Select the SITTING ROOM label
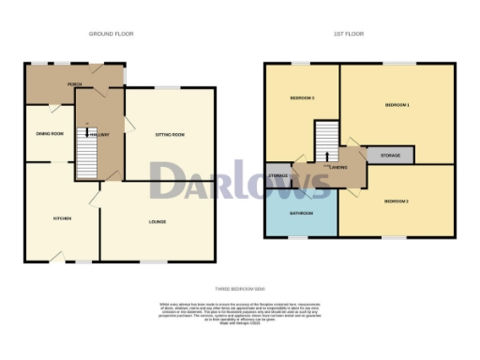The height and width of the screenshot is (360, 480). [x=170, y=135]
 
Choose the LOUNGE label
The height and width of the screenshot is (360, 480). [x=157, y=221]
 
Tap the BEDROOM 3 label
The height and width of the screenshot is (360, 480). [x=301, y=98]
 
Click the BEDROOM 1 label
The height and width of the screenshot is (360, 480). [x=397, y=106]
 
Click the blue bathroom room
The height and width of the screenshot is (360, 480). [x=300, y=217]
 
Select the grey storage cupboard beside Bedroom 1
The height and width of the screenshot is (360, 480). [x=390, y=155]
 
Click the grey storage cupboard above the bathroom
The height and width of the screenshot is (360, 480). [x=278, y=176]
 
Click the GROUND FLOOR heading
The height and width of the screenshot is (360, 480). [x=111, y=34]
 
